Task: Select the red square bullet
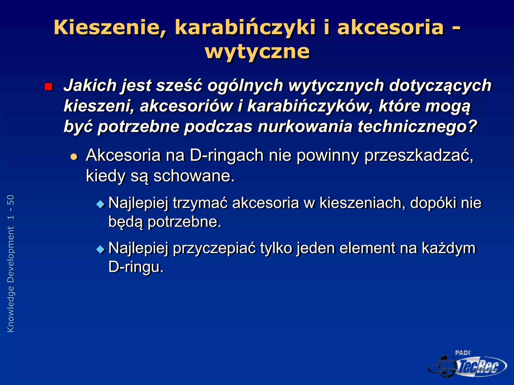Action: coord(48,87)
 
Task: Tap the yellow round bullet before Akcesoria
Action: coord(74,157)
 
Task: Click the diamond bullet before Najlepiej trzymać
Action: coord(100,204)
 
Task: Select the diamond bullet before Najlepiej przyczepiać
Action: coord(100,249)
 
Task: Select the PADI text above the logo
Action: coord(462,353)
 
